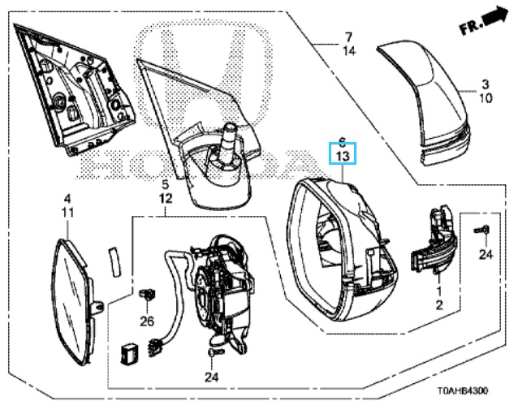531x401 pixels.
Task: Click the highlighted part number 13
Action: tap(342, 156)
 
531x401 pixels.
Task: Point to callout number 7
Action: tap(348, 37)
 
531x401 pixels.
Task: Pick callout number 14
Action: tap(348, 50)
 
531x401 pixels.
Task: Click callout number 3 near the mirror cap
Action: tap(485, 84)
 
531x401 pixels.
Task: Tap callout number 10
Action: tap(485, 97)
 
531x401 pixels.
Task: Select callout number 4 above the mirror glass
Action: tap(68, 199)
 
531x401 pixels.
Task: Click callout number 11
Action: tap(68, 213)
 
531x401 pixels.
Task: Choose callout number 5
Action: tap(166, 184)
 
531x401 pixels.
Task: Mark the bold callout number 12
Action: tap(166, 198)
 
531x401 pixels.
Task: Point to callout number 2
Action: tap(439, 304)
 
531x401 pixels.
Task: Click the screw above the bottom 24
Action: tap(212, 355)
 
